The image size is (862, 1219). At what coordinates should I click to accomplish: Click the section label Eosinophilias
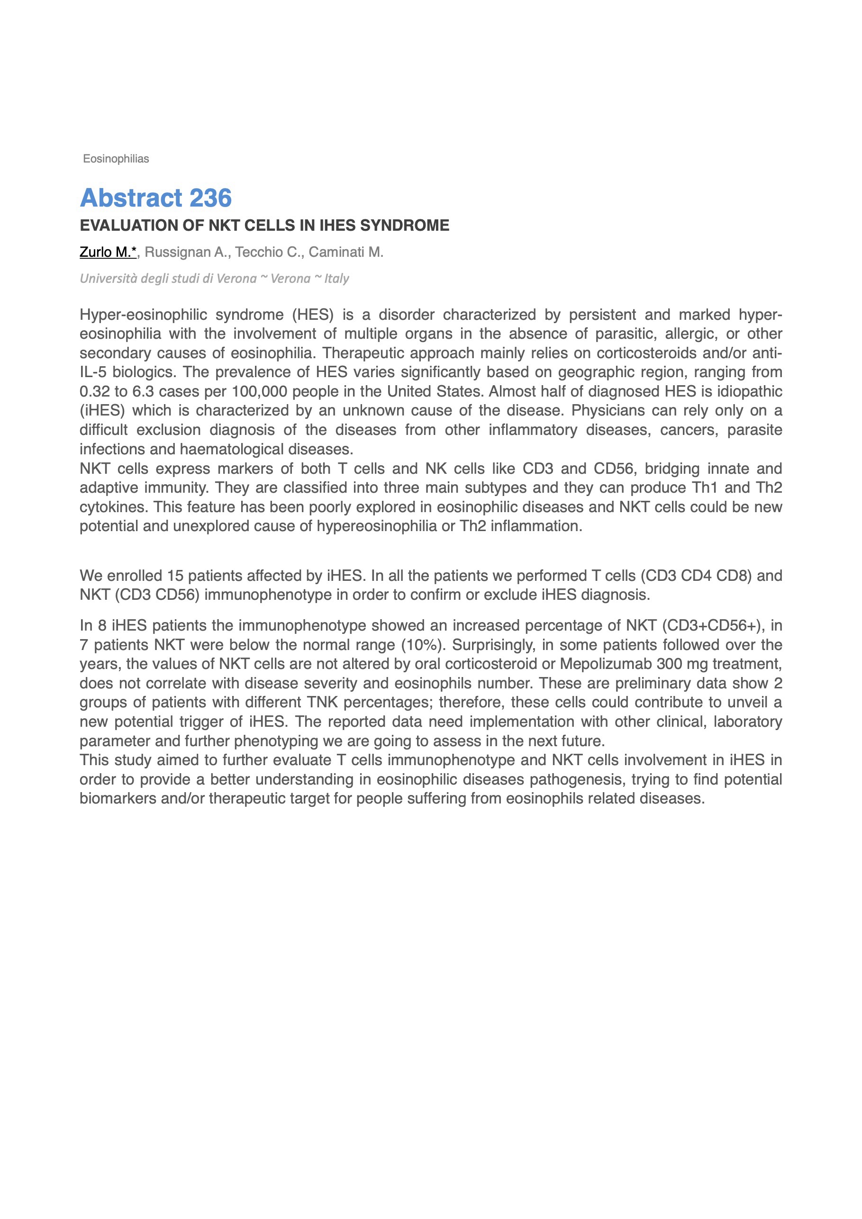[x=116, y=159]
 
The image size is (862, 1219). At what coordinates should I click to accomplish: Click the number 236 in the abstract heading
[x=210, y=198]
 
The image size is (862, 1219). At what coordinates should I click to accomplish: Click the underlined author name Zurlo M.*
[x=109, y=252]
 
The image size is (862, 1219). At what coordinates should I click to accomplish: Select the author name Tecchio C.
[x=268, y=252]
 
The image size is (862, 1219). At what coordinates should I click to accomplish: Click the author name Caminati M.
[x=346, y=252]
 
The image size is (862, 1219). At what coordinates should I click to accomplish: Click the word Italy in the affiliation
[x=337, y=279]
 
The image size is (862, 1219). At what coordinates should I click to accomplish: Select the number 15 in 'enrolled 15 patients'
[x=175, y=576]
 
